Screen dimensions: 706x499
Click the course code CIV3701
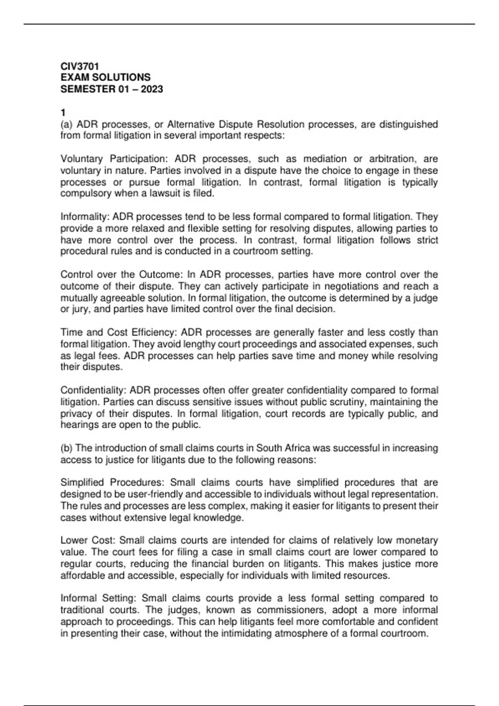click(x=79, y=66)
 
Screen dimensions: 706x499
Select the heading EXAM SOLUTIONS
click(x=105, y=78)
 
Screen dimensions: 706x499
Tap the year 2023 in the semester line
click(x=152, y=89)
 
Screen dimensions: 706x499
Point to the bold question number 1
click(x=63, y=113)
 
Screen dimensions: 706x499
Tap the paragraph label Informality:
click(x=86, y=217)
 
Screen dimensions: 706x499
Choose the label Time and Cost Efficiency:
click(x=119, y=332)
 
